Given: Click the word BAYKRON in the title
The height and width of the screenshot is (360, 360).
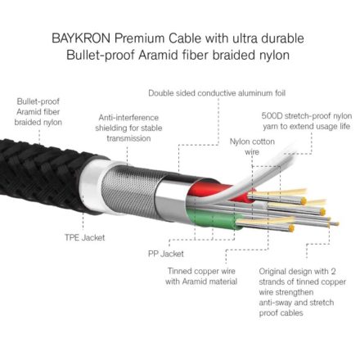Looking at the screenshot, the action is pos(81,38).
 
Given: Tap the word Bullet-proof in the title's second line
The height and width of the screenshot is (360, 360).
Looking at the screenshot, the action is pos(101,55).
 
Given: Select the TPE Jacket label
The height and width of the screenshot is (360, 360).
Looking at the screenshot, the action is pos(85,237).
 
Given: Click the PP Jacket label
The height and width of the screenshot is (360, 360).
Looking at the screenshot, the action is pos(166,254).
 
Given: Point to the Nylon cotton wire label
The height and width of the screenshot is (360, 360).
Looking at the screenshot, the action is pos(252,146).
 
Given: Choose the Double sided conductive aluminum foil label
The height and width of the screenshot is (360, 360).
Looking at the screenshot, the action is pos(217,93).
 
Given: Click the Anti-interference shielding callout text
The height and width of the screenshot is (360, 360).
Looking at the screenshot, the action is pos(128,128).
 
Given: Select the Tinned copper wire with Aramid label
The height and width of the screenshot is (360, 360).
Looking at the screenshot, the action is pos(201,277).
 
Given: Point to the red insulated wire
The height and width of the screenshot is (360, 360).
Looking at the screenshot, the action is pos(218,191).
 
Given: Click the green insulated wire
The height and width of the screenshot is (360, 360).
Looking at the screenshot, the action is pos(215,218).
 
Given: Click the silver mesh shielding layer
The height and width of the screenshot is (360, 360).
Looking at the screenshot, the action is pos(131,190).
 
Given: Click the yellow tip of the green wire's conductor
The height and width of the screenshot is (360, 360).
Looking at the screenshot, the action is pos(291,228).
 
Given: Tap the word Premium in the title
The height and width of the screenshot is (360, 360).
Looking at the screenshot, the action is pos(140,38).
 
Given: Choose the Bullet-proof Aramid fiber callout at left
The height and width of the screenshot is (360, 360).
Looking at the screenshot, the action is pos(38,112).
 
